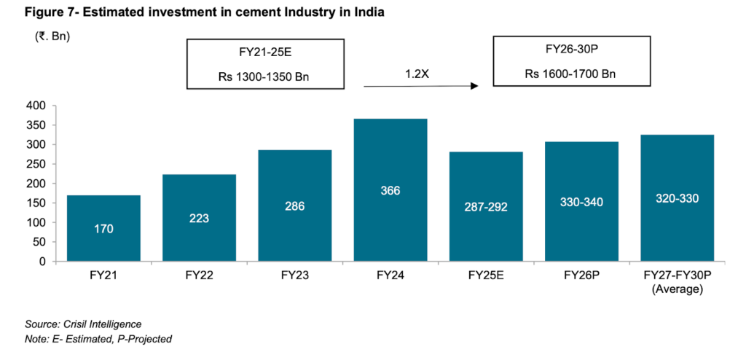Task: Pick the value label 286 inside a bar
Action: [x=294, y=206]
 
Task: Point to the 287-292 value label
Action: [x=486, y=207]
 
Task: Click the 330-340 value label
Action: [x=581, y=203]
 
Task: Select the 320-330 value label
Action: [x=677, y=197]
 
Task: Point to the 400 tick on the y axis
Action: [x=37, y=106]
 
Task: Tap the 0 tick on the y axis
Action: [x=43, y=261]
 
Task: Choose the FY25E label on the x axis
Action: [x=486, y=277]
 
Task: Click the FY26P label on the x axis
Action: [x=581, y=277]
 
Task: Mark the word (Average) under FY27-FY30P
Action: [x=677, y=289]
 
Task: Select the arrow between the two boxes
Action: [x=420, y=87]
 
